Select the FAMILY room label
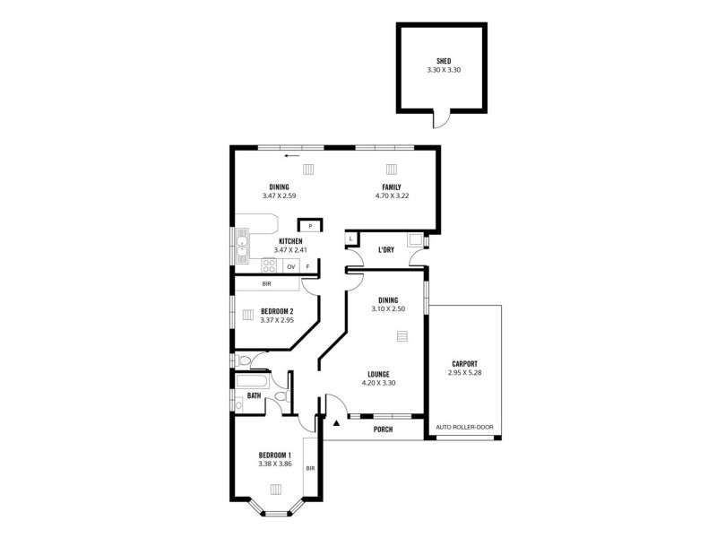coord(392,187)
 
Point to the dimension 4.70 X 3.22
coord(392,195)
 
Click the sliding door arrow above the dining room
coord(291,155)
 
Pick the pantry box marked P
coord(309,226)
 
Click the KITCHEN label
coord(290,241)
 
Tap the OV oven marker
coord(291,266)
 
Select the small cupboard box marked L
coord(350,239)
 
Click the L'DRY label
coord(386,250)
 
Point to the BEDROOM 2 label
coord(277,311)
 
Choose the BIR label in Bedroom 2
coord(266,284)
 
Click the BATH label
coord(255,395)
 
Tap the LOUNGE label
coord(376,374)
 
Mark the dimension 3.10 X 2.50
coord(387,308)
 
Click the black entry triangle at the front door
coord(336,421)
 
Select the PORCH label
coord(383,430)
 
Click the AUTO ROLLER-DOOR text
coord(464,427)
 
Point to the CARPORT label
coord(463,363)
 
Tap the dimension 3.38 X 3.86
coord(276,464)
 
